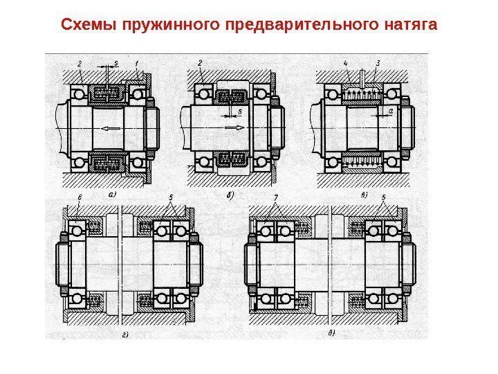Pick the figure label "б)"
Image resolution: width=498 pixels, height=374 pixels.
pyautogui.click(x=231, y=195)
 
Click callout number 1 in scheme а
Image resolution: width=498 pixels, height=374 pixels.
pyautogui.click(x=138, y=63)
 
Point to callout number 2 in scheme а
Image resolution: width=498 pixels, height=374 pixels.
pyautogui.click(x=80, y=63)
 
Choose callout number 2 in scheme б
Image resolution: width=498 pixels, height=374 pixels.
pyautogui.click(x=200, y=63)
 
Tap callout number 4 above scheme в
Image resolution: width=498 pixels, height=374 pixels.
pyautogui.click(x=345, y=63)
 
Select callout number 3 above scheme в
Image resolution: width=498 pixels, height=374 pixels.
pyautogui.click(x=378, y=63)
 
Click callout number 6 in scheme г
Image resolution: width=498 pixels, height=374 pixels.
pyautogui.click(x=80, y=198)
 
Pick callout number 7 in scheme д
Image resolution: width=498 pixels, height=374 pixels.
pyautogui.click(x=275, y=198)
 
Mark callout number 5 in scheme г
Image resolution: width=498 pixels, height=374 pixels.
pyautogui.click(x=170, y=198)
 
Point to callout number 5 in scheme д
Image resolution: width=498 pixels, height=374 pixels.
pyautogui.click(x=384, y=198)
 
